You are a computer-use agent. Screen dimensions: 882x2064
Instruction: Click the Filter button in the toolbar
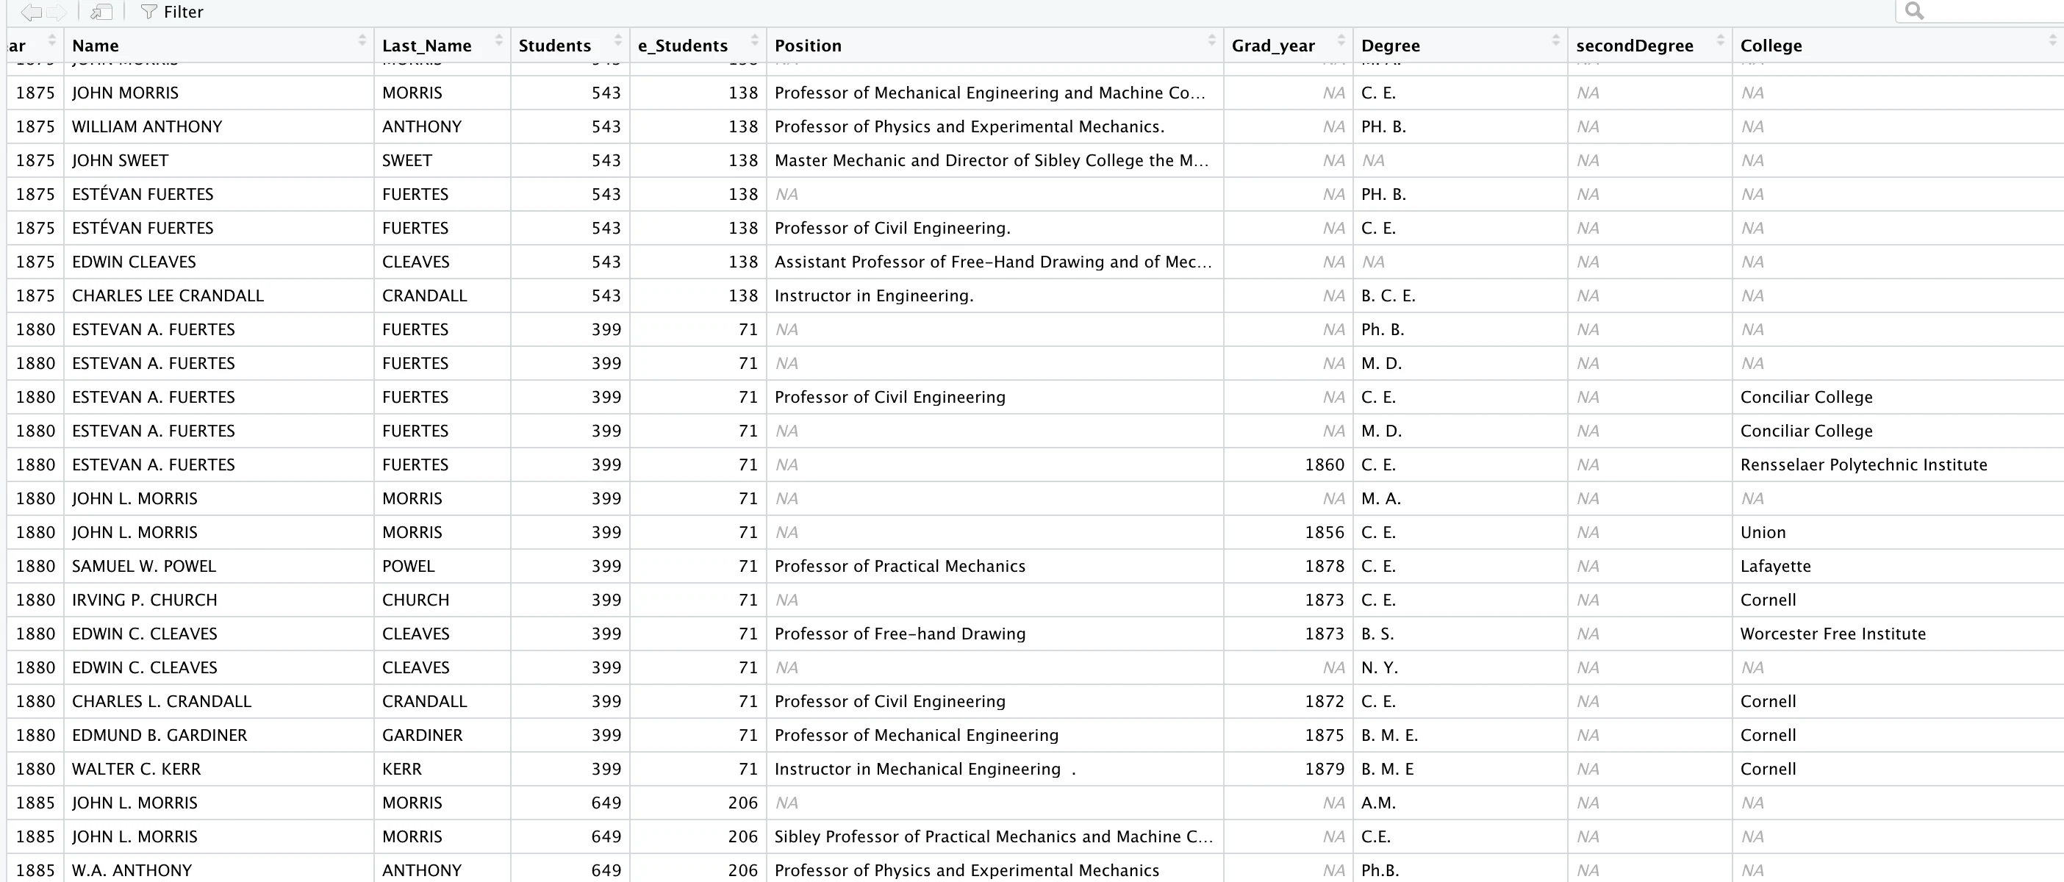pos(172,12)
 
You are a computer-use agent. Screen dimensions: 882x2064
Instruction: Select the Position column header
pos(808,46)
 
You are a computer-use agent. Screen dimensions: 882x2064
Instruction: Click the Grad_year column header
pos(1272,46)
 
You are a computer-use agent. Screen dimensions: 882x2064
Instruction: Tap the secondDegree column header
pos(1634,46)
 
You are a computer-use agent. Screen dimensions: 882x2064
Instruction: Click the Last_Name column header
pos(426,46)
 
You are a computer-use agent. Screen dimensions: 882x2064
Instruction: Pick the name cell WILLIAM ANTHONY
pos(146,126)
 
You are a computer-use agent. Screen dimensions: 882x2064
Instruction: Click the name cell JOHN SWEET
pos(121,160)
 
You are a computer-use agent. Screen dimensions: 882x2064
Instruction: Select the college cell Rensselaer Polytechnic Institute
pos(1863,465)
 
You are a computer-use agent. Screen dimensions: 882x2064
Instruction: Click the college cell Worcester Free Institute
pos(1832,634)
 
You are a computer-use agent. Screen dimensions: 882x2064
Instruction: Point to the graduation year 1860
pos(1324,465)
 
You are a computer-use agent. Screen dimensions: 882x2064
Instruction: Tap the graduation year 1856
pos(1324,532)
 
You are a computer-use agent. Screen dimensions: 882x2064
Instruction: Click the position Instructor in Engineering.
pos(873,295)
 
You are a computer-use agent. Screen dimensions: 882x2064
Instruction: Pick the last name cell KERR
pos(401,769)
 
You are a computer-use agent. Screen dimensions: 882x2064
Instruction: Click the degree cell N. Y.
pos(1379,667)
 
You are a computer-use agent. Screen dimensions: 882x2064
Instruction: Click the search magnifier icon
pos(1913,11)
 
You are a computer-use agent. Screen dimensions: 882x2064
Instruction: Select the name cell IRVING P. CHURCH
pos(144,600)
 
